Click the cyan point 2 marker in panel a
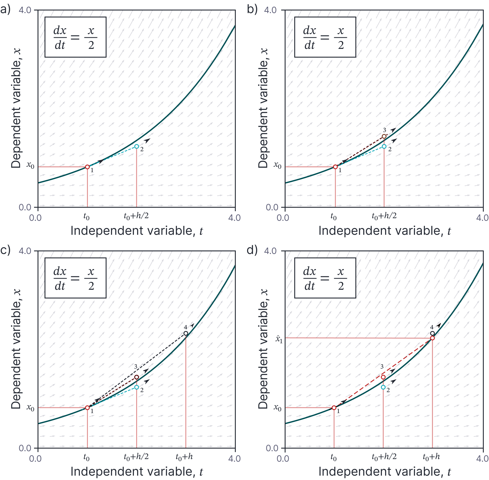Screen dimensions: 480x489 (x=137, y=146)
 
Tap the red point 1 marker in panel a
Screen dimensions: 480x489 (x=87, y=167)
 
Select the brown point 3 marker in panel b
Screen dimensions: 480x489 (x=384, y=136)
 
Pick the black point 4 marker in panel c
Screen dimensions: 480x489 (x=186, y=333)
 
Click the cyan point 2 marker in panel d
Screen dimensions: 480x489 (x=383, y=387)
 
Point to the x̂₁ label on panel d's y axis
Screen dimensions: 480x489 (x=279, y=339)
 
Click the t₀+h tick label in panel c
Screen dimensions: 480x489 (x=184, y=457)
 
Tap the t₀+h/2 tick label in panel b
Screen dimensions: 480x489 (x=384, y=216)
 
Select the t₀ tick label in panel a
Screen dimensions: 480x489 (x=86, y=217)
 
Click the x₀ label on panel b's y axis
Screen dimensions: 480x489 (x=278, y=166)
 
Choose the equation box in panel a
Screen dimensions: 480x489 (x=75, y=37)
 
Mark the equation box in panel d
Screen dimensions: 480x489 (x=325, y=278)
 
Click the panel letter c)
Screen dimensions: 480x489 (x=5, y=250)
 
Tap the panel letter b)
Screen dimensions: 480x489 (x=252, y=10)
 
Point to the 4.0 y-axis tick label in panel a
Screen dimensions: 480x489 (x=25, y=10)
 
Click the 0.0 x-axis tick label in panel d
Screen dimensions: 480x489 (x=283, y=459)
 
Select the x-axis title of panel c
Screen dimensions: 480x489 (x=137, y=472)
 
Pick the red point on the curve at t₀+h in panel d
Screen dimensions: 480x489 (x=433, y=338)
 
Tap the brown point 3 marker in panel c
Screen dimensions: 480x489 (x=137, y=377)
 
